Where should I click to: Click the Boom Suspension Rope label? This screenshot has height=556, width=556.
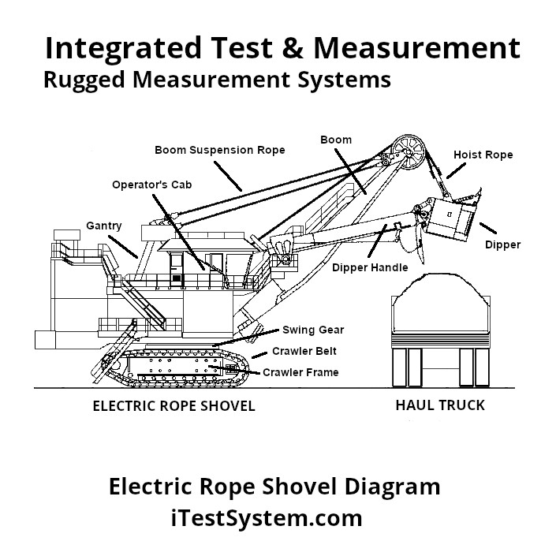(x=219, y=150)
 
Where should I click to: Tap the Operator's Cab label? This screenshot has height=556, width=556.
(x=151, y=185)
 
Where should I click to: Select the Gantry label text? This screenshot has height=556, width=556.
(x=104, y=226)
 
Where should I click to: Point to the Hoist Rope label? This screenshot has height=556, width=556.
(x=483, y=155)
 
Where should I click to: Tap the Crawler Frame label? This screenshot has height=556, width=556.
(x=300, y=372)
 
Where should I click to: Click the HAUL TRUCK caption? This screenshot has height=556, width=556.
(x=439, y=406)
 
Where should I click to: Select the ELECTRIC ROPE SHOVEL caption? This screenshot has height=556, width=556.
(x=174, y=407)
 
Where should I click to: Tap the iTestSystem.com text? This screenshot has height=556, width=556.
(x=267, y=518)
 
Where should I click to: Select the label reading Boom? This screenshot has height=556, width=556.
(x=336, y=140)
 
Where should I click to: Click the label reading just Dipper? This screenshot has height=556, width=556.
(x=502, y=244)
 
